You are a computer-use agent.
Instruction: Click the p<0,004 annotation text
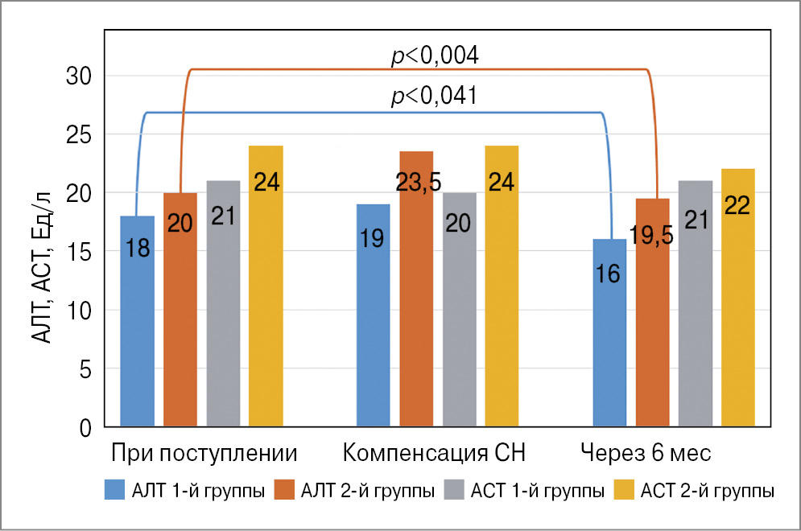point(435,56)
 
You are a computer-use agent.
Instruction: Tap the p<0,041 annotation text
point(435,97)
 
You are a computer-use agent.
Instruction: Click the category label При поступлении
point(204,453)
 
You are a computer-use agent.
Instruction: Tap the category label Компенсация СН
point(435,453)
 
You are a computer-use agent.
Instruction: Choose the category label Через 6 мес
point(646,453)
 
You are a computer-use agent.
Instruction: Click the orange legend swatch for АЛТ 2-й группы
point(285,490)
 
